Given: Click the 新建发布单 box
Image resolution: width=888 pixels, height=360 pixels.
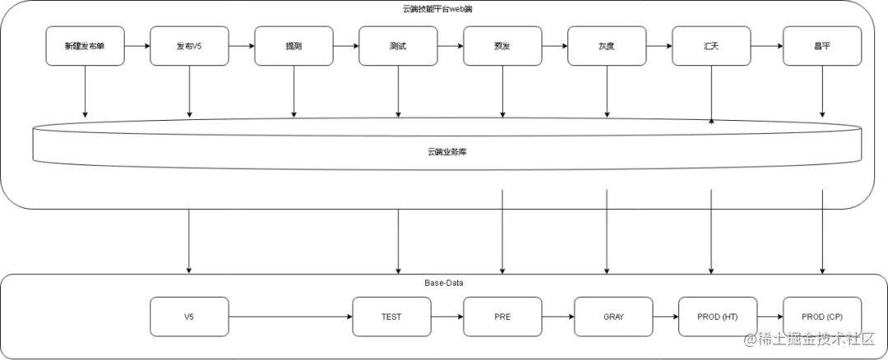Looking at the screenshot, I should coord(85,46).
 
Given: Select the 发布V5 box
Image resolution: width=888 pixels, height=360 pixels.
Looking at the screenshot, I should coord(189,46).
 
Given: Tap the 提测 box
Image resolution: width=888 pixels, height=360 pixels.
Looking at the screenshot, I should coord(294,46).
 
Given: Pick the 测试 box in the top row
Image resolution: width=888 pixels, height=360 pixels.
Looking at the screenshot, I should coord(398,46).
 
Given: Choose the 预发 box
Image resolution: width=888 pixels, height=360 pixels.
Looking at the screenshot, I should coord(502,46).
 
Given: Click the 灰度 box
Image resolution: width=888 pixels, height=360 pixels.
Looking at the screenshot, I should coord(607,46).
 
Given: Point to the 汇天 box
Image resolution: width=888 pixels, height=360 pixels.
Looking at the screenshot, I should coord(711,46).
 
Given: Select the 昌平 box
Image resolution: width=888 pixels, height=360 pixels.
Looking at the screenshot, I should coord(822,46).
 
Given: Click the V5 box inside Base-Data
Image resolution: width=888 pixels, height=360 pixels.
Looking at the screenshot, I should coord(189,316).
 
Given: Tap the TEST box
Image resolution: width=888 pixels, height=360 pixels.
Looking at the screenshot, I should coord(391,316).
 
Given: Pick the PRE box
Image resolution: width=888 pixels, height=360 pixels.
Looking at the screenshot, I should coord(502,316).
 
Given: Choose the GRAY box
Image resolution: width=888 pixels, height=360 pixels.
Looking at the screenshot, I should coord(613,316).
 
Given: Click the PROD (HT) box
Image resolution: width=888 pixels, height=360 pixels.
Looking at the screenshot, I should coord(717,316).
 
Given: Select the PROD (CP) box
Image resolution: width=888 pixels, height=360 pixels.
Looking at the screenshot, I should coord(822,316).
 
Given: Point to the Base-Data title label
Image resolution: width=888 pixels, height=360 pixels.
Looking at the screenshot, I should coord(445,283).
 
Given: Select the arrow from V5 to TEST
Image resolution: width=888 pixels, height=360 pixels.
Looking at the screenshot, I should coord(290,316).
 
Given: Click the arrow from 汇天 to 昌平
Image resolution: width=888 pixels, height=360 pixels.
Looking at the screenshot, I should coord(766,46).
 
